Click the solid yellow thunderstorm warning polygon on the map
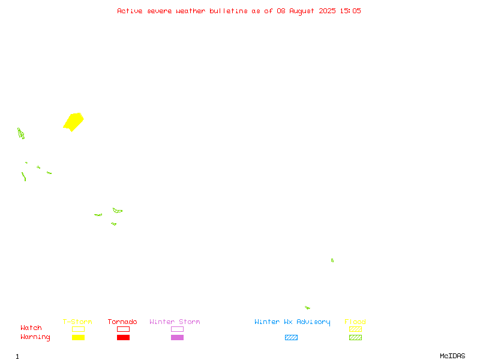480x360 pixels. click(73, 122)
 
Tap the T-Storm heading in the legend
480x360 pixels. click(77, 322)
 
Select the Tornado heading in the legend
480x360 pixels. click(122, 322)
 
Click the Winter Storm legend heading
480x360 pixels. click(175, 322)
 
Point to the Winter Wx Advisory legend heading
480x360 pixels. click(292, 322)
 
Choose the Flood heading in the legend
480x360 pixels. click(355, 322)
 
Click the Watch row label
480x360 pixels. click(31, 328)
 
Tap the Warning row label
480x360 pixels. click(35, 337)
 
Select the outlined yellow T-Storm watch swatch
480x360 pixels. click(79, 329)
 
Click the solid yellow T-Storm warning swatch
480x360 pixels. click(79, 337)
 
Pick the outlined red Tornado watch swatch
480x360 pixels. click(124, 329)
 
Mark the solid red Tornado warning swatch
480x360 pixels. click(124, 337)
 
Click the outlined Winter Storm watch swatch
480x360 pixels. click(177, 329)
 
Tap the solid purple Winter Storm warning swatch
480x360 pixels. click(177, 337)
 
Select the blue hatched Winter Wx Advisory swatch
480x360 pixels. click(291, 337)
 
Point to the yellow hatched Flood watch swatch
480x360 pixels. click(355, 329)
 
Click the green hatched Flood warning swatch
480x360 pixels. click(355, 337)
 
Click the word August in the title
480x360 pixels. click(302, 11)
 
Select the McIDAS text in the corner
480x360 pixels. click(452, 356)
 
